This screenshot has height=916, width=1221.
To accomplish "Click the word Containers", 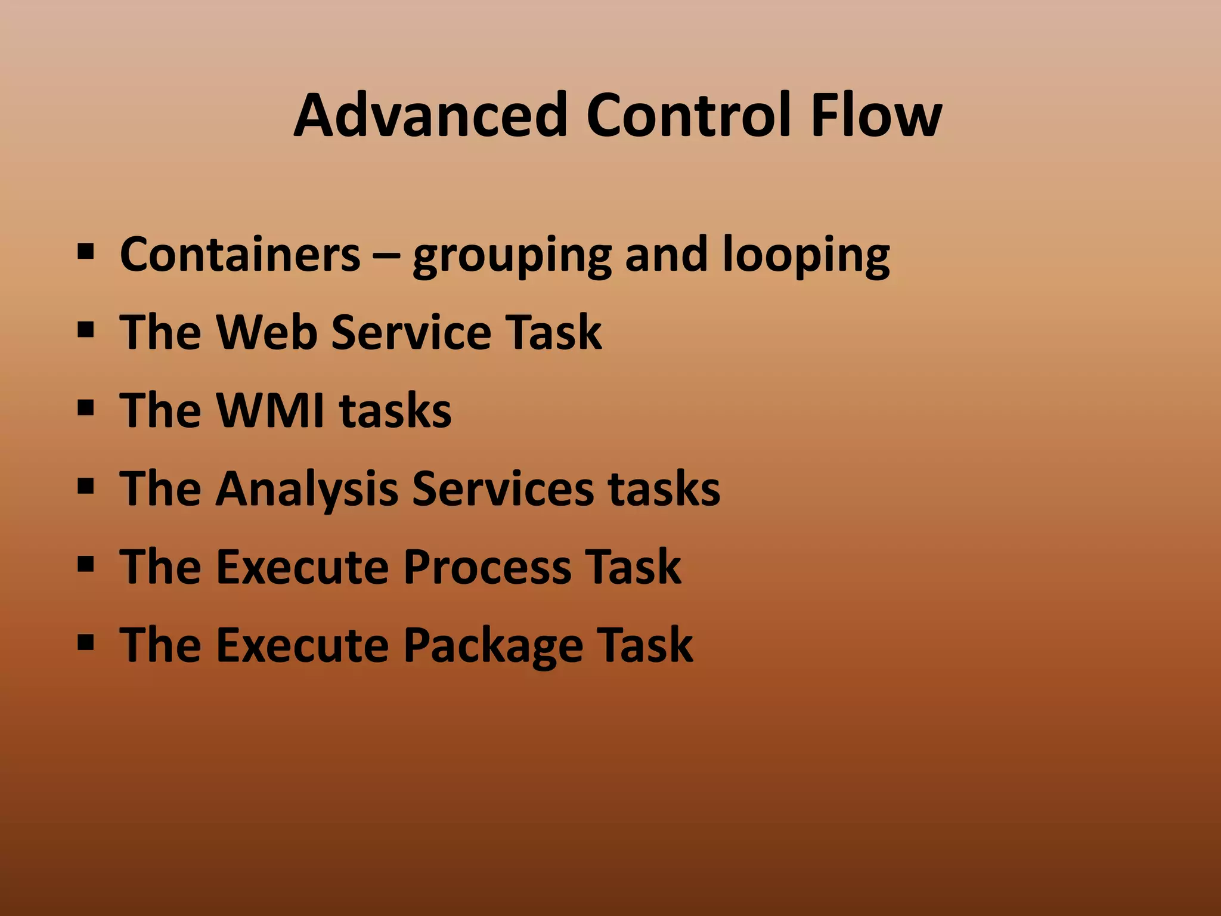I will coord(240,255).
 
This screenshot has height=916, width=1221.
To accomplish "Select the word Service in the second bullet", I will coord(411,332).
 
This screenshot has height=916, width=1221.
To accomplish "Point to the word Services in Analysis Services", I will coord(503,489).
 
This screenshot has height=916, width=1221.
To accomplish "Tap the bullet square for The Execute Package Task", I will coord(86,642).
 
